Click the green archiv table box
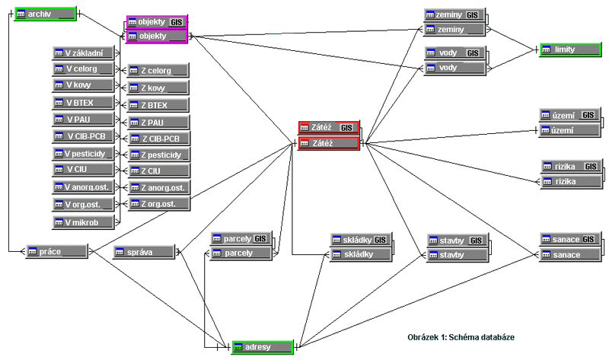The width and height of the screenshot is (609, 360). (x=45, y=14)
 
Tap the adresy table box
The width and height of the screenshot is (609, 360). (x=262, y=347)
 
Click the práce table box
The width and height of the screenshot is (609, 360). (x=57, y=251)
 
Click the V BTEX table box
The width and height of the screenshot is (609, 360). (x=82, y=102)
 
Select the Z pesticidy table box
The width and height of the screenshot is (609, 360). (x=158, y=155)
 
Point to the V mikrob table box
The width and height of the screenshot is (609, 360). (x=82, y=222)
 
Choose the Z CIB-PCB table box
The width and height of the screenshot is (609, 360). (x=158, y=138)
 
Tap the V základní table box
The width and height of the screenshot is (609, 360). (x=82, y=53)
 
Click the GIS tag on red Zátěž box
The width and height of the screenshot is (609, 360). (x=346, y=128)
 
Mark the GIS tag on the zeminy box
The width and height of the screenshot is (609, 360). (x=473, y=15)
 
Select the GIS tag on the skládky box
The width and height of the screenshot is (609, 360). (x=379, y=240)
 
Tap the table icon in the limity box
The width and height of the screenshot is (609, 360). (x=547, y=49)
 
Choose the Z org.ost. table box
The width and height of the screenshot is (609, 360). (x=158, y=204)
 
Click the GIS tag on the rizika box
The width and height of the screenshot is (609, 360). (x=589, y=166)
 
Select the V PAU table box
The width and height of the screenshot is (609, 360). (x=82, y=119)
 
